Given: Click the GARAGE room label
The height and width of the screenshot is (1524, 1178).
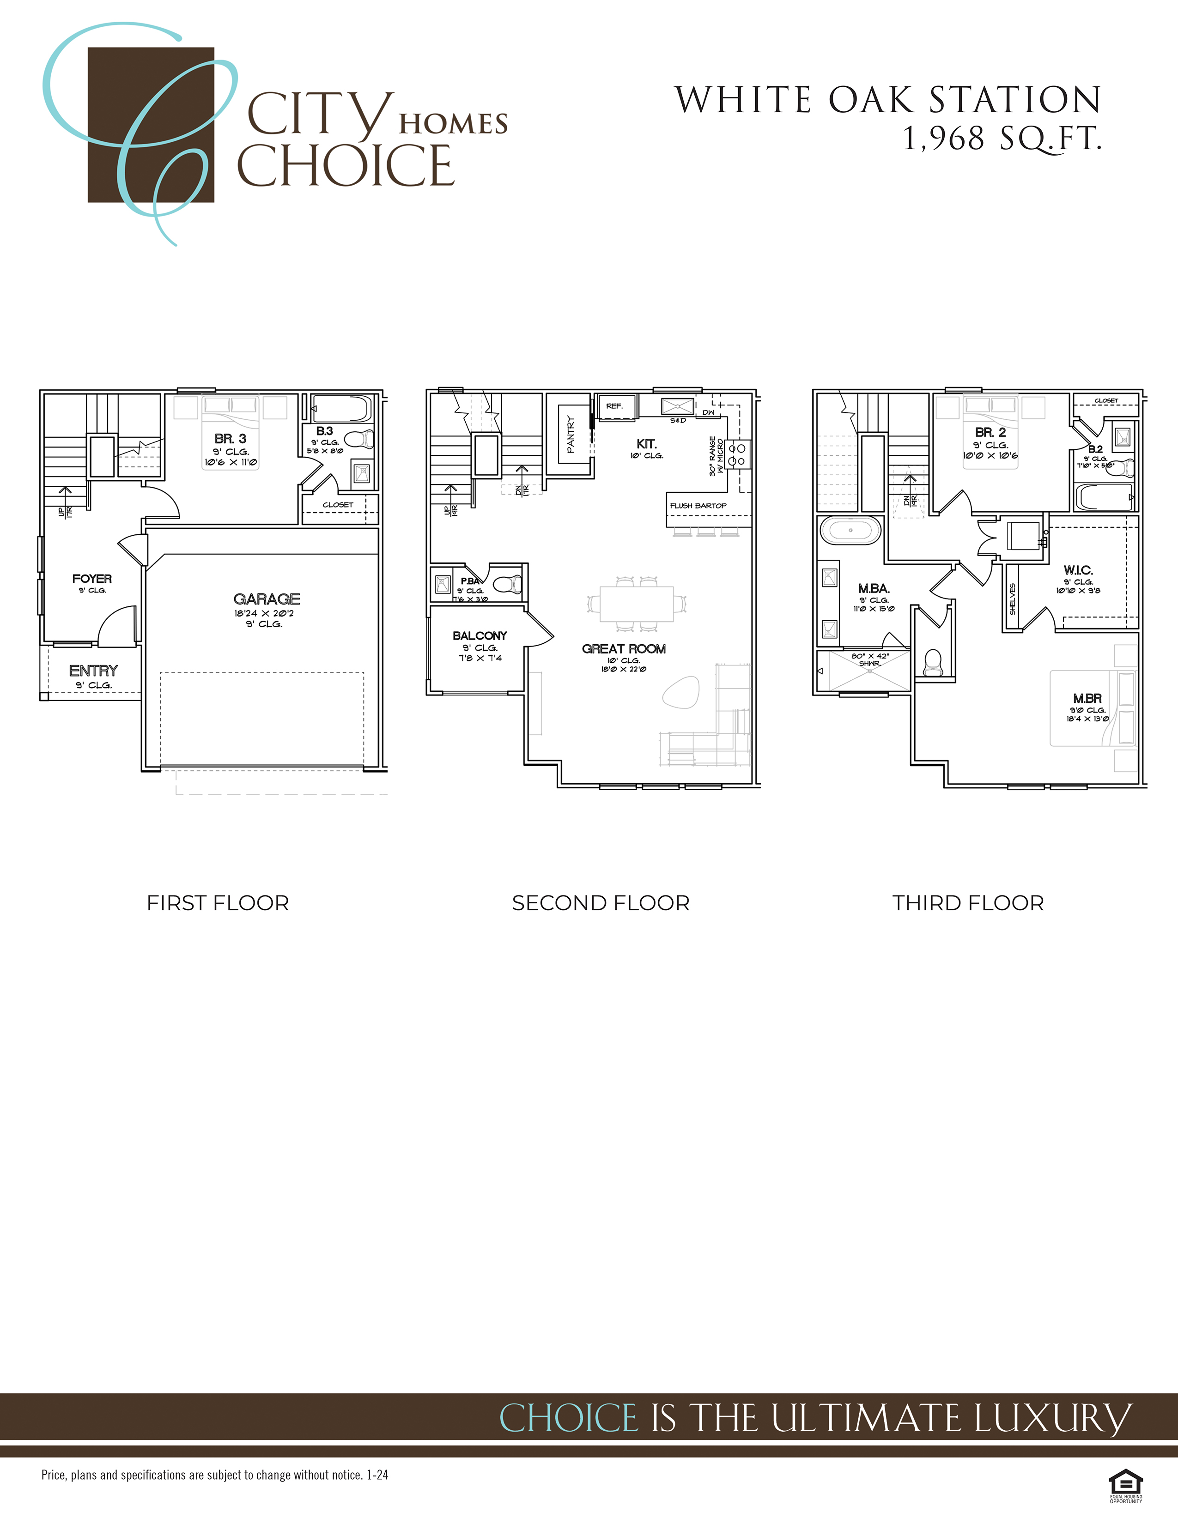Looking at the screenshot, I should tap(267, 599).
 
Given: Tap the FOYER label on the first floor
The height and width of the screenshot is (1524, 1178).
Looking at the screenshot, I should tap(92, 579).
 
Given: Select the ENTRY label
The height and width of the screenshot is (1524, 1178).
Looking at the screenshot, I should tap(93, 671).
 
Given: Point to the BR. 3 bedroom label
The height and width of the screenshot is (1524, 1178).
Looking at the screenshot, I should tap(231, 439).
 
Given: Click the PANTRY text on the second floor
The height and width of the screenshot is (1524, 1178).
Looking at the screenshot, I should tap(571, 434).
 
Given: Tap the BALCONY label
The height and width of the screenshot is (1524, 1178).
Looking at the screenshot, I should tap(480, 636).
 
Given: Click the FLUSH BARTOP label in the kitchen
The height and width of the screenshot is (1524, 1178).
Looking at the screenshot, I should tap(698, 506).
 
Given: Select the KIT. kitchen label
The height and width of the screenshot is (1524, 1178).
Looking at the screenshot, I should tap(646, 444).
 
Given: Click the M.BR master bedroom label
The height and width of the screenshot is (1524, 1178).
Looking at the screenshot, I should tap(1087, 698).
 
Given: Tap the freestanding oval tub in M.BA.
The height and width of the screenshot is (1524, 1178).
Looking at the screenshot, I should tap(850, 530).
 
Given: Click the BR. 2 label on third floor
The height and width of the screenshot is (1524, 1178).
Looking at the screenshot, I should tap(990, 433).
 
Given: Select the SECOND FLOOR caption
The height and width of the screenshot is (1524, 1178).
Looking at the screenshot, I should tap(600, 903).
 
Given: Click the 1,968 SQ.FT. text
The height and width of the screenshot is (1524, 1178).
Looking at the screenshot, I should tap(1002, 138).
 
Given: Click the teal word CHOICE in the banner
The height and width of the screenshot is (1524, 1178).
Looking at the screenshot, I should tap(569, 1419).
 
